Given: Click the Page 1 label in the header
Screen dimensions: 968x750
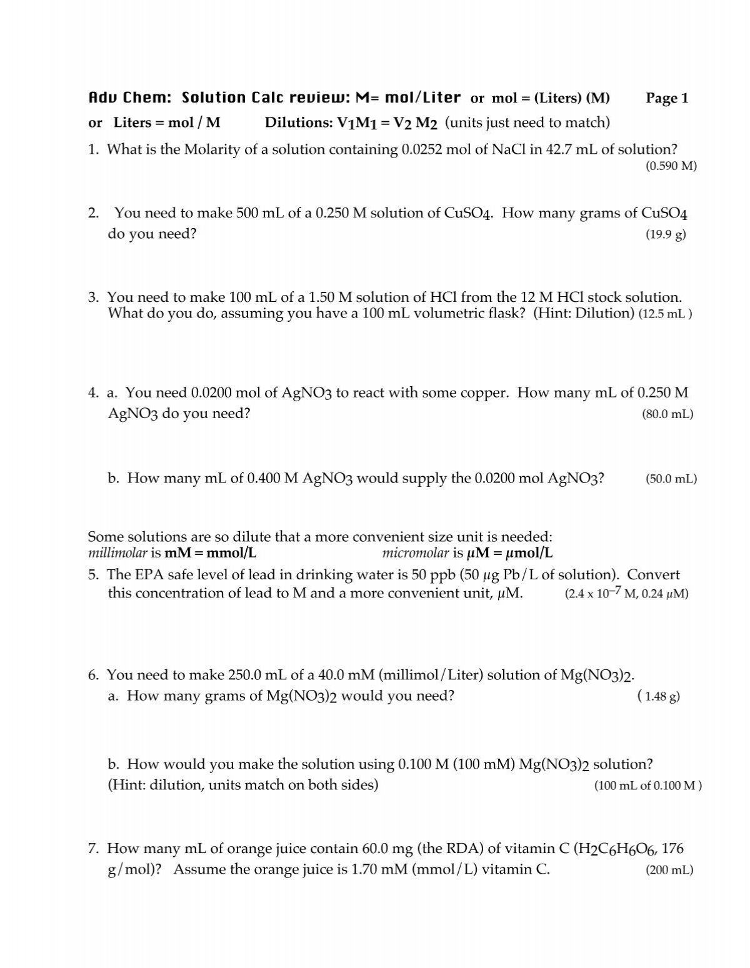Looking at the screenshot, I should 667,98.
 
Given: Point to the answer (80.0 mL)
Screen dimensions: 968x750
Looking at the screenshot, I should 667,414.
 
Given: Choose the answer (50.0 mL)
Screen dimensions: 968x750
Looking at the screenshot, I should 671,479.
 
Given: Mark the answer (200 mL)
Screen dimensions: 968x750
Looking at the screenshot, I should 669,870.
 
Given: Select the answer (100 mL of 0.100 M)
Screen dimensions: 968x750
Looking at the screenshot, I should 648,786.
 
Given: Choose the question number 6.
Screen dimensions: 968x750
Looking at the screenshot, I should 94,676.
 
